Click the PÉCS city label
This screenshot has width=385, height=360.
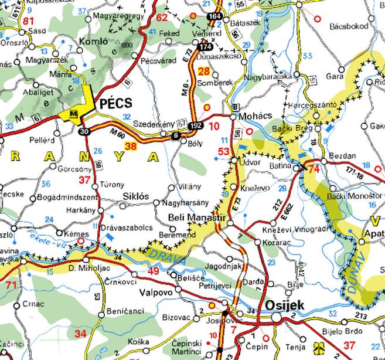[117, 103]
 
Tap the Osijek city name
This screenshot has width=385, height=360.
[285, 305]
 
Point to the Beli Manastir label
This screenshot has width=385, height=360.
[196, 218]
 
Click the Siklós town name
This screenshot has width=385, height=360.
[135, 195]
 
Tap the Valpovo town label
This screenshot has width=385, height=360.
[156, 291]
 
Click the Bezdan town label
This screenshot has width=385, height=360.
[343, 155]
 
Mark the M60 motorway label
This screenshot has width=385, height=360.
[118, 135]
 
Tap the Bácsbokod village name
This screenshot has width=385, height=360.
[349, 26]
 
